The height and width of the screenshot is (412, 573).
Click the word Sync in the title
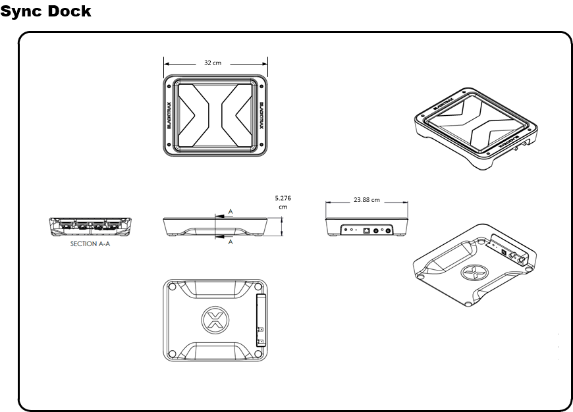click(x=21, y=12)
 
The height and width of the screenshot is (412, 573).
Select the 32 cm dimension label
click(x=212, y=63)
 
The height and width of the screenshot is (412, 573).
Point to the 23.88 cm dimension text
click(x=366, y=199)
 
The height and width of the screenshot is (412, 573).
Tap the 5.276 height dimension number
click(x=282, y=197)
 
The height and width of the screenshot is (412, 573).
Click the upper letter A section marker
click(x=230, y=211)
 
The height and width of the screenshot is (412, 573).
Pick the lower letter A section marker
click(x=230, y=242)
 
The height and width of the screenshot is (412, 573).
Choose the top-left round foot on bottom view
click(x=173, y=287)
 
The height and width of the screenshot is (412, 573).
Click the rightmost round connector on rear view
click(x=389, y=230)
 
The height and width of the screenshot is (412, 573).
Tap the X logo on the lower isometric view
click(x=470, y=270)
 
